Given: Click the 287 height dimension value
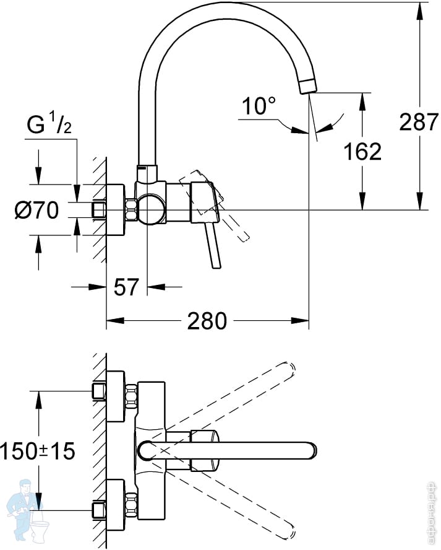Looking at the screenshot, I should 418,121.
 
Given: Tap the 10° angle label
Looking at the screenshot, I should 259,107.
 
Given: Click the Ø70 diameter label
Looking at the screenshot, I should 36,211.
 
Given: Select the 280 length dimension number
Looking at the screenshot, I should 206,321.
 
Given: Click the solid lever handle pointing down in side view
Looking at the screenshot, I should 215,248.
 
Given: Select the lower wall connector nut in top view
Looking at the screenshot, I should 131,503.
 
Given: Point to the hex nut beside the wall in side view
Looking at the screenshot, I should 131,211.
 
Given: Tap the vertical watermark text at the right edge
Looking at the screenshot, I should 434,508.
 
